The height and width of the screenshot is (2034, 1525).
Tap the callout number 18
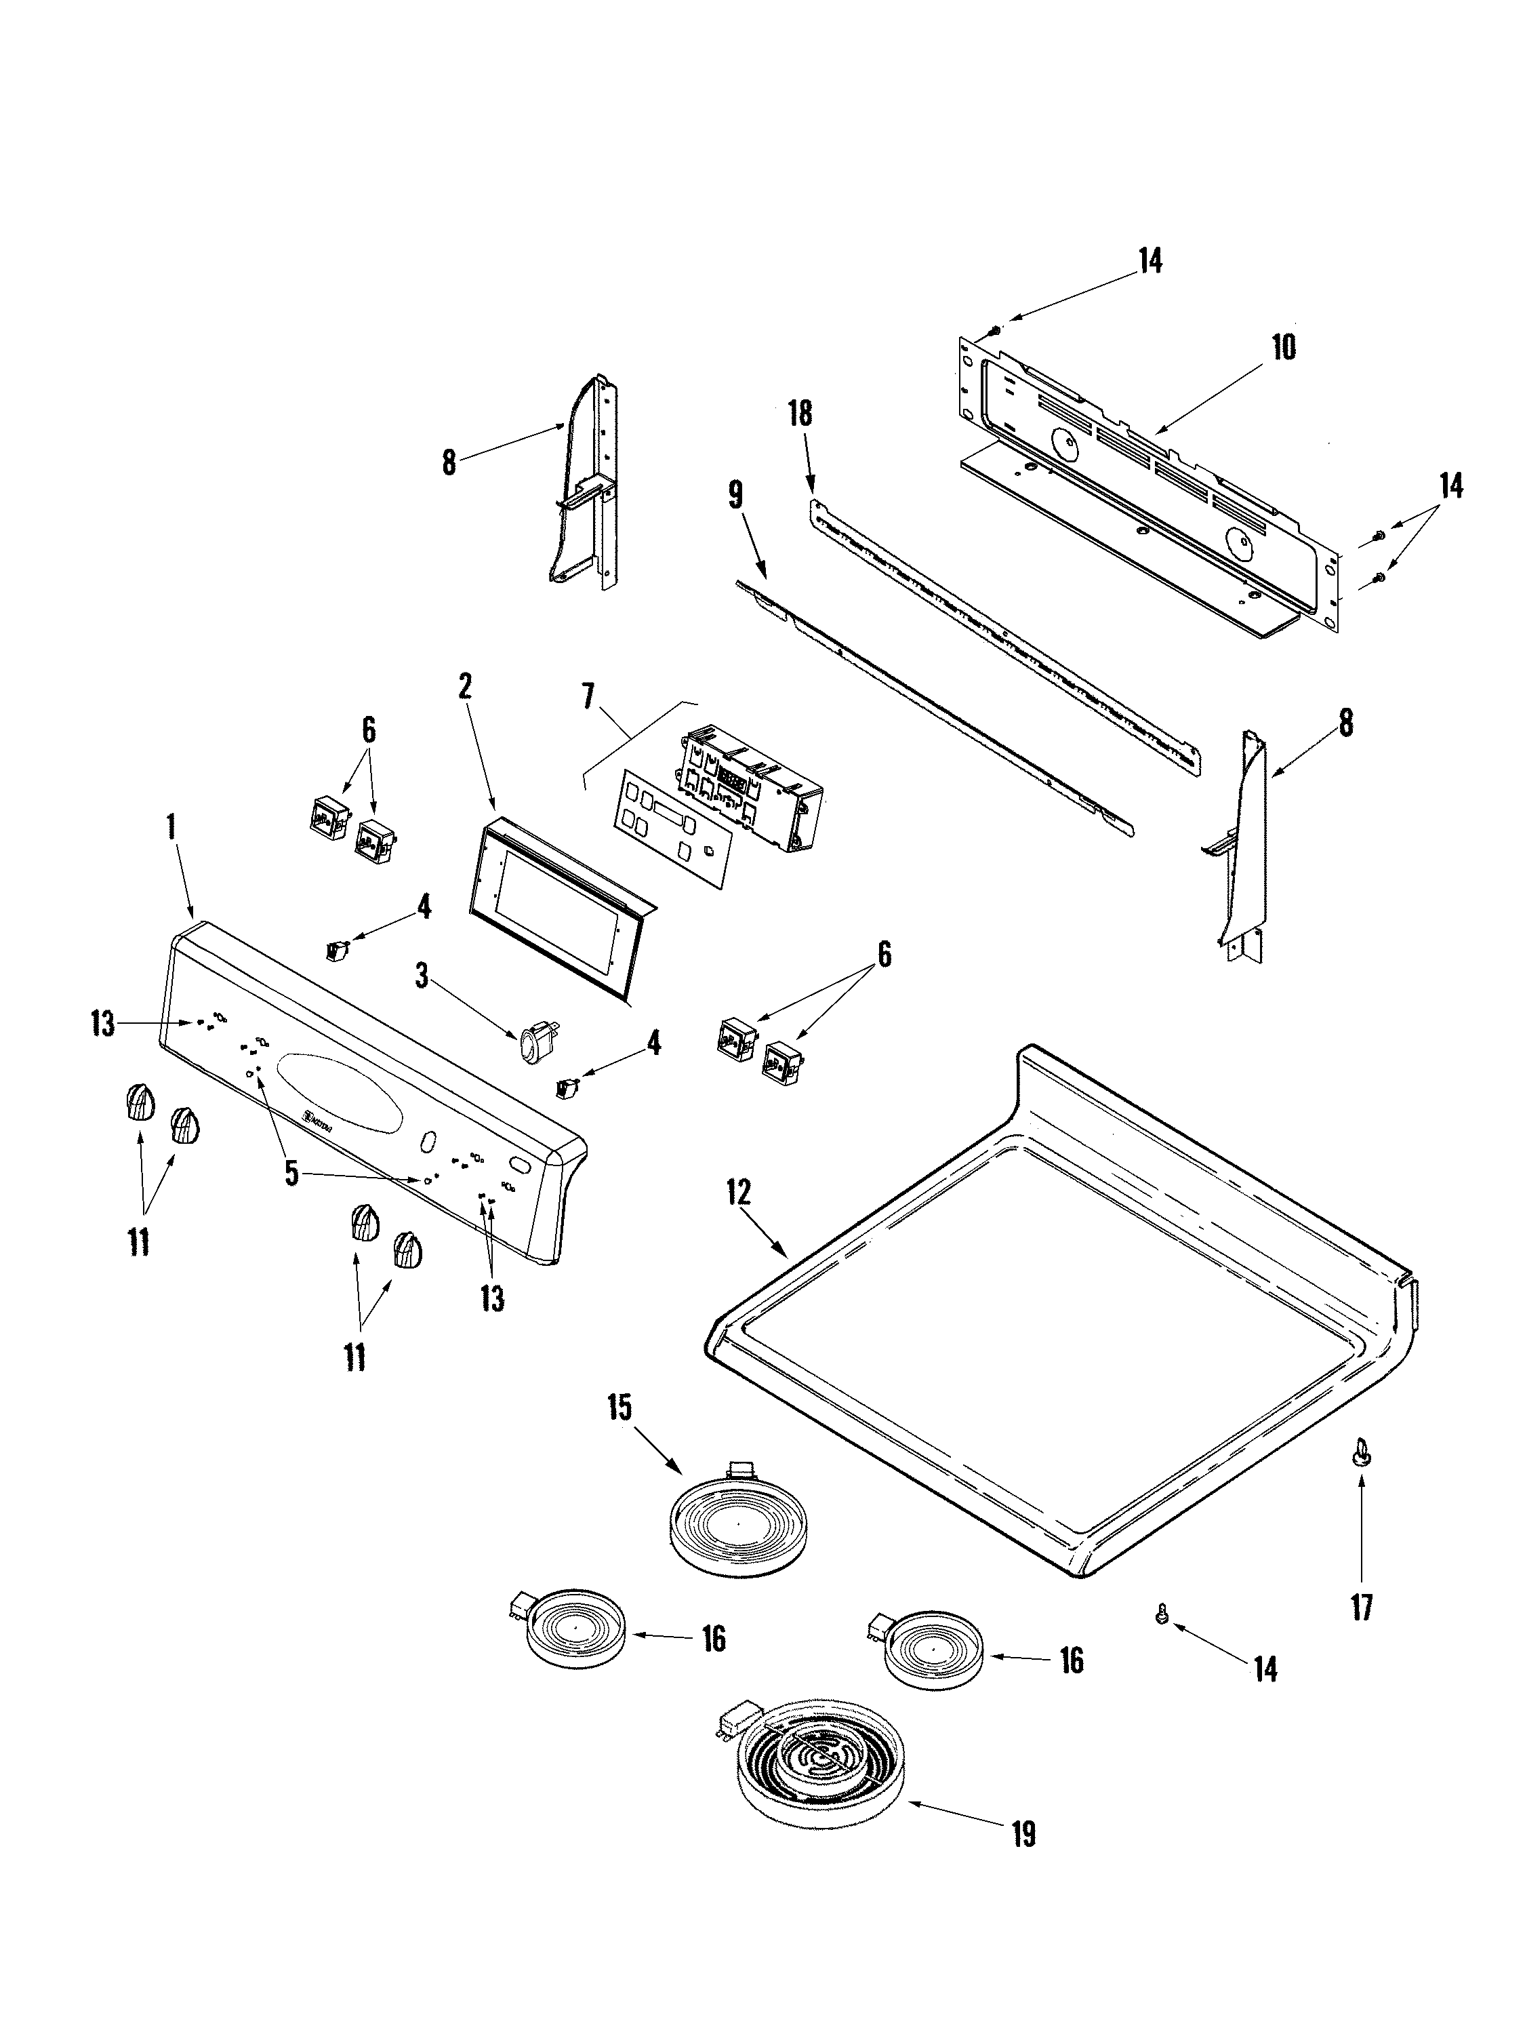[800, 413]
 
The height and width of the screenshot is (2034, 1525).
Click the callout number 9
[735, 496]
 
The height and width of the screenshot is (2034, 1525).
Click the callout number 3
[422, 976]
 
